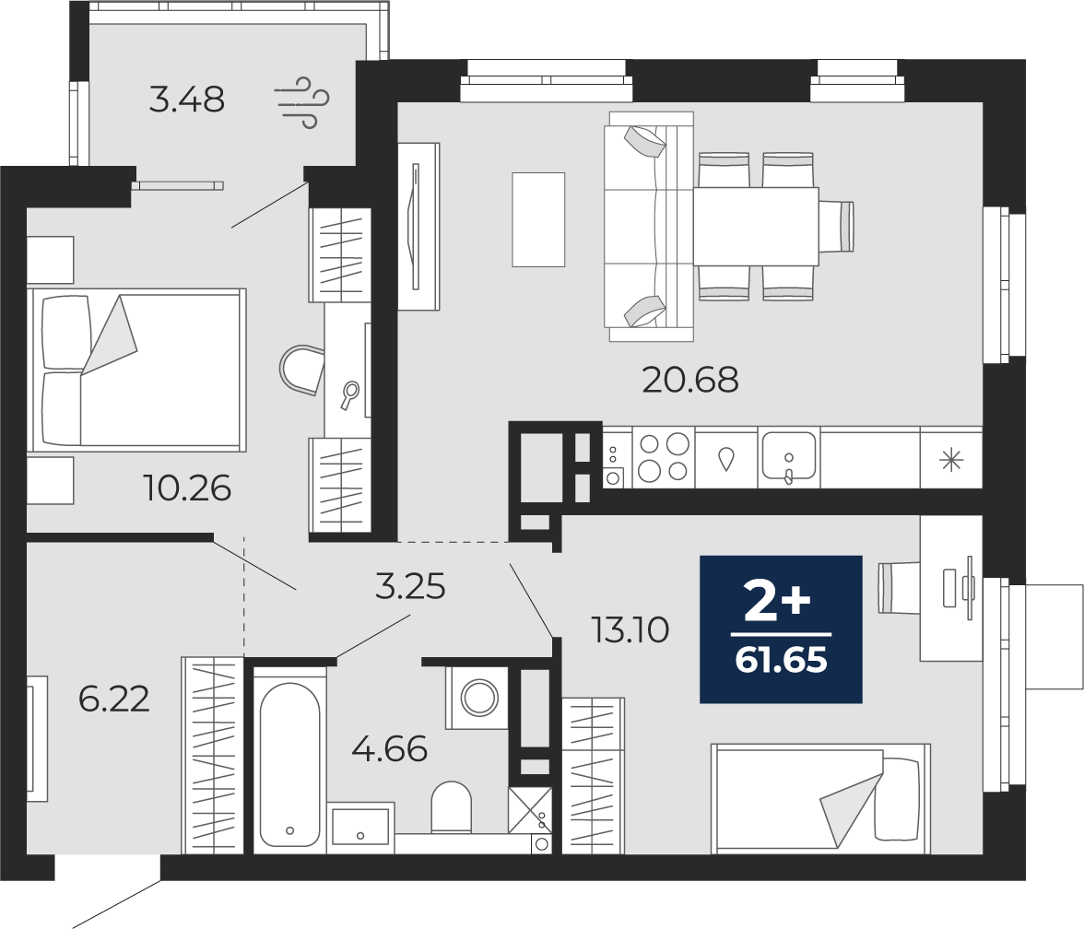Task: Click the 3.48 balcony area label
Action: click(186, 100)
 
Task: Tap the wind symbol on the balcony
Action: click(300, 103)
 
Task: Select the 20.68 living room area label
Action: click(689, 380)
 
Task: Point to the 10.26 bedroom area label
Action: click(187, 488)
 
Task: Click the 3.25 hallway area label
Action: click(410, 587)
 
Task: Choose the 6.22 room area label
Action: click(114, 700)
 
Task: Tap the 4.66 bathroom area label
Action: click(390, 748)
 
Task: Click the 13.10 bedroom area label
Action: click(630, 629)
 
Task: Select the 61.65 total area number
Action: click(781, 661)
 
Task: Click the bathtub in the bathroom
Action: click(289, 759)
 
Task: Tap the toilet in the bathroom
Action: click(451, 806)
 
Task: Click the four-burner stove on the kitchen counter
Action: click(663, 457)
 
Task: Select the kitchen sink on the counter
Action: click(789, 457)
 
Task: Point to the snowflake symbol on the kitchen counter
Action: click(951, 460)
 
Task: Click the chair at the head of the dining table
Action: click(837, 226)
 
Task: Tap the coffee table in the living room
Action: click(538, 219)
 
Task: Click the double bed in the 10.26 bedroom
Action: click(136, 370)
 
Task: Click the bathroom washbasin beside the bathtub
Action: click(360, 826)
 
